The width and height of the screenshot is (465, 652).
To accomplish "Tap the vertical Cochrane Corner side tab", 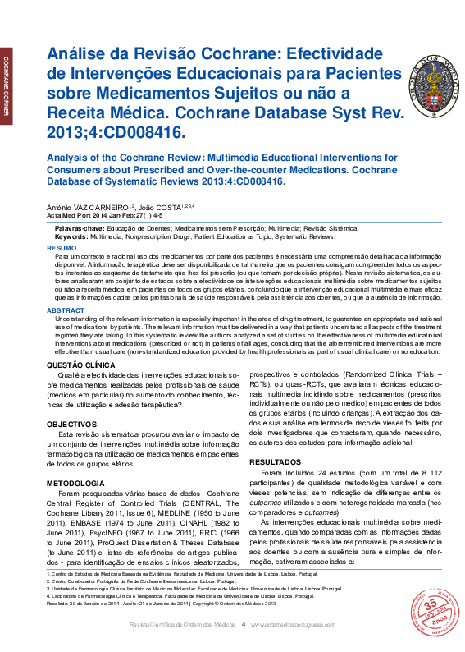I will click(x=7, y=82).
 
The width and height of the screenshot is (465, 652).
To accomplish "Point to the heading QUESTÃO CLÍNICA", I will click(x=81, y=362).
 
